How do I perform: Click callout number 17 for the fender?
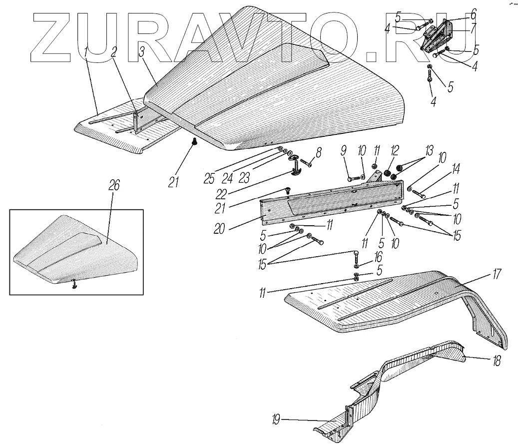coord(497,274)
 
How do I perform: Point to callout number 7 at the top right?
coord(473,26)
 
